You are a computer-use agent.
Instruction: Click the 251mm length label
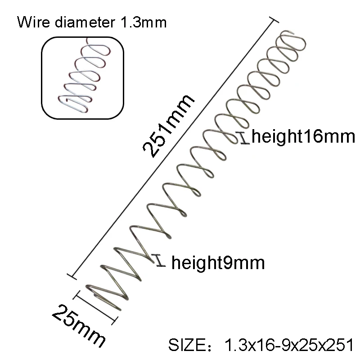pyautogui.click(x=168, y=126)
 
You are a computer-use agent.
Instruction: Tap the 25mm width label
pyautogui.click(x=78, y=326)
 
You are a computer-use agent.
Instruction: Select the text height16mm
pyautogui.click(x=303, y=136)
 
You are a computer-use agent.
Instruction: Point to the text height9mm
pyautogui.click(x=218, y=263)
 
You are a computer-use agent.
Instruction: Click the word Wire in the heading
pyautogui.click(x=33, y=22)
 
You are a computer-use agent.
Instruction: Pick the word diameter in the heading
pyautogui.click(x=85, y=22)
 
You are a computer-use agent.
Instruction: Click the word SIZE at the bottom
pyautogui.click(x=187, y=345)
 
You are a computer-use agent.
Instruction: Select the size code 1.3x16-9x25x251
pyautogui.click(x=289, y=345)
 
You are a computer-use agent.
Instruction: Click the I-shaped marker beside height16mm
pyautogui.click(x=244, y=138)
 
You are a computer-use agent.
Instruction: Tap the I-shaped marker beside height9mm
pyautogui.click(x=160, y=261)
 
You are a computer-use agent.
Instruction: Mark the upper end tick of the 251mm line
pyautogui.click(x=274, y=20)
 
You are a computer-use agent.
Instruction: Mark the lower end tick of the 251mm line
pyautogui.click(x=72, y=277)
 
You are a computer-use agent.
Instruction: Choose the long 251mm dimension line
pyautogui.click(x=173, y=148)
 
